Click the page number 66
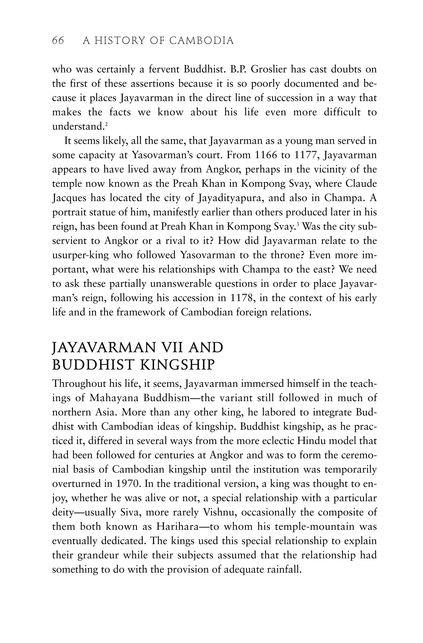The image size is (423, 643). pyautogui.click(x=58, y=41)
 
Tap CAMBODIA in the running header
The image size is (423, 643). pyautogui.click(x=202, y=41)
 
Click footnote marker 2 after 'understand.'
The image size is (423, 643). pyautogui.click(x=107, y=124)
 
